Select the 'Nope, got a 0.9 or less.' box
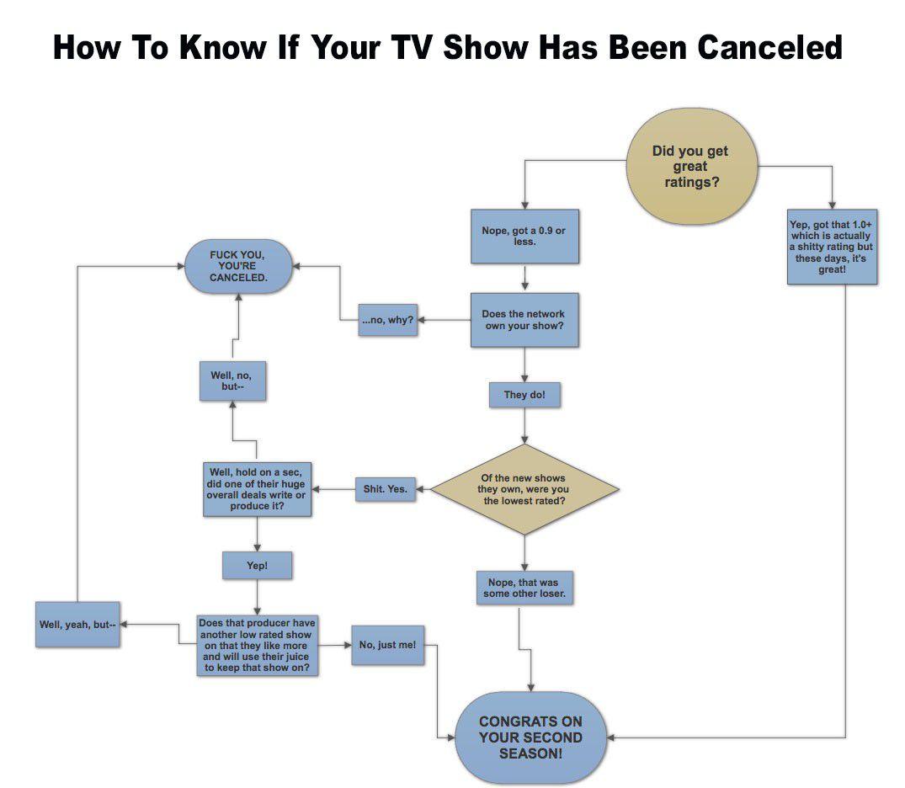tap(524, 237)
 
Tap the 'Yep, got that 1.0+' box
tap(832, 247)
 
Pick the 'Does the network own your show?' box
tap(524, 319)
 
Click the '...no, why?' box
tap(387, 319)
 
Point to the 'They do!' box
tap(524, 394)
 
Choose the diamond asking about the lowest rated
tap(524, 489)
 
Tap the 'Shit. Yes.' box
tap(386, 489)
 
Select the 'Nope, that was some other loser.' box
tap(524, 587)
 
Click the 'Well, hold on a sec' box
tap(256, 489)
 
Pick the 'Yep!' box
tap(257, 566)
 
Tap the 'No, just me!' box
tap(386, 645)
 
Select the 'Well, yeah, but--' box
tap(77, 625)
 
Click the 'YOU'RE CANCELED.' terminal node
tap(238, 266)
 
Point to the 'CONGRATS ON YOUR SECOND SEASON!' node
tap(530, 737)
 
